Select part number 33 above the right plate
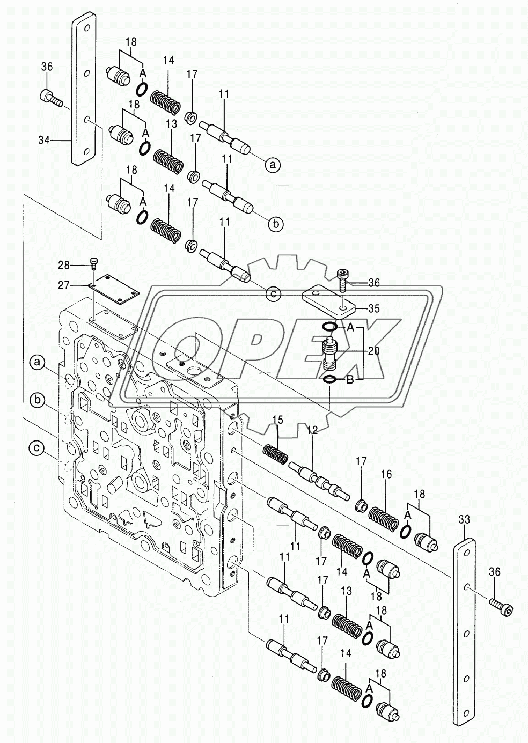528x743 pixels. (465, 519)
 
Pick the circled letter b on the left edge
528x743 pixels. (37, 400)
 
